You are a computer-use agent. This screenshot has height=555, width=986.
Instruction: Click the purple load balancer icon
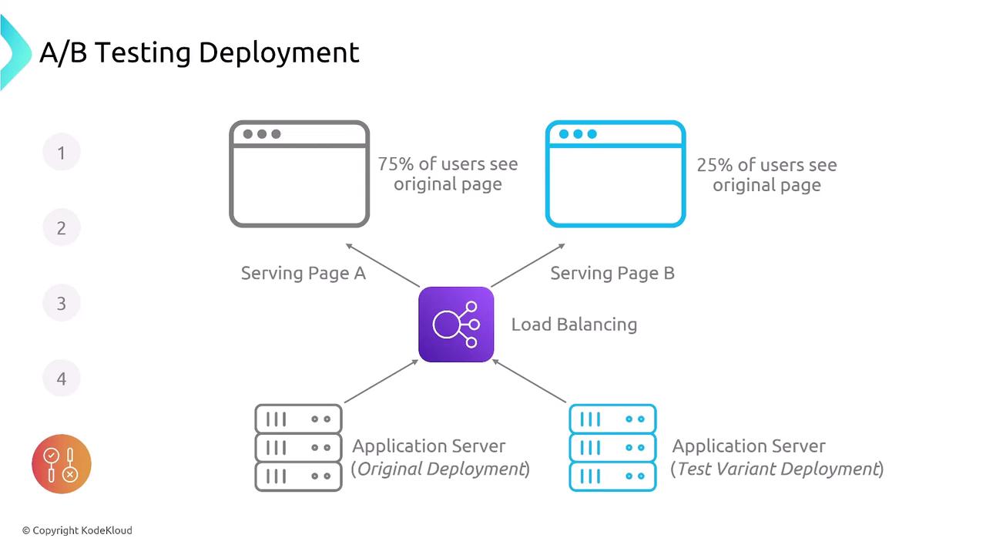[x=456, y=325]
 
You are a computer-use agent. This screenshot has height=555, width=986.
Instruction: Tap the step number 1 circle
[x=62, y=153]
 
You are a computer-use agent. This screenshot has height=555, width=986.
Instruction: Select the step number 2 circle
[x=62, y=228]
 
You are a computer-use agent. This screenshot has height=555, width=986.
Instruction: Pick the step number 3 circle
[x=62, y=304]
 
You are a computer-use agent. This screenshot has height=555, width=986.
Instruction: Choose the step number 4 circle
[x=62, y=378]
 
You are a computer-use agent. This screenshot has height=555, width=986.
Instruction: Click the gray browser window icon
[x=300, y=174]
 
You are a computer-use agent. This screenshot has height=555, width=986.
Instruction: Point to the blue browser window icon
[x=615, y=174]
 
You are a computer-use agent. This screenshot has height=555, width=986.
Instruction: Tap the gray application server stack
[x=298, y=448]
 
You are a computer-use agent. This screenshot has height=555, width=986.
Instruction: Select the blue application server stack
[x=612, y=448]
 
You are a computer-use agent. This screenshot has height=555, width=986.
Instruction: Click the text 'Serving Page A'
[x=303, y=273]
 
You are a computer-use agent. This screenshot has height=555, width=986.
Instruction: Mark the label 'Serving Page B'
[x=612, y=273]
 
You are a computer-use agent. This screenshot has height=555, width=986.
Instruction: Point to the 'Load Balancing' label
[x=574, y=325]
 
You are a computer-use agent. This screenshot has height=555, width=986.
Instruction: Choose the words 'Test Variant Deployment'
[x=777, y=469]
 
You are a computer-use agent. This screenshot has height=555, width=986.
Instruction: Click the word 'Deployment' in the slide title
[x=279, y=52]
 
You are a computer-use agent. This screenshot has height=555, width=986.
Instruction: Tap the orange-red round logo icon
[x=62, y=464]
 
